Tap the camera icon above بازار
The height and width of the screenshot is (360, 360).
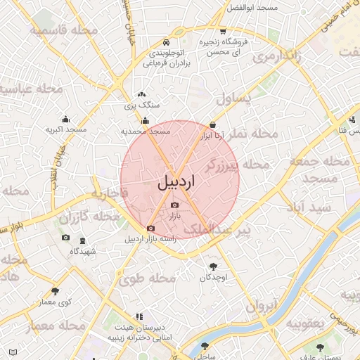point(174,205)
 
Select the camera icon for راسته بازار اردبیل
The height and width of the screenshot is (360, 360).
point(150,229)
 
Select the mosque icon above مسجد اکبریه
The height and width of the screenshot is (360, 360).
point(65,119)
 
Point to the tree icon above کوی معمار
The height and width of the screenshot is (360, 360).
point(54,291)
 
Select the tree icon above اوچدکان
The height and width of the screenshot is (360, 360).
point(213,266)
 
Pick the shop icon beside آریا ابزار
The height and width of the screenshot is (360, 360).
point(204,124)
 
